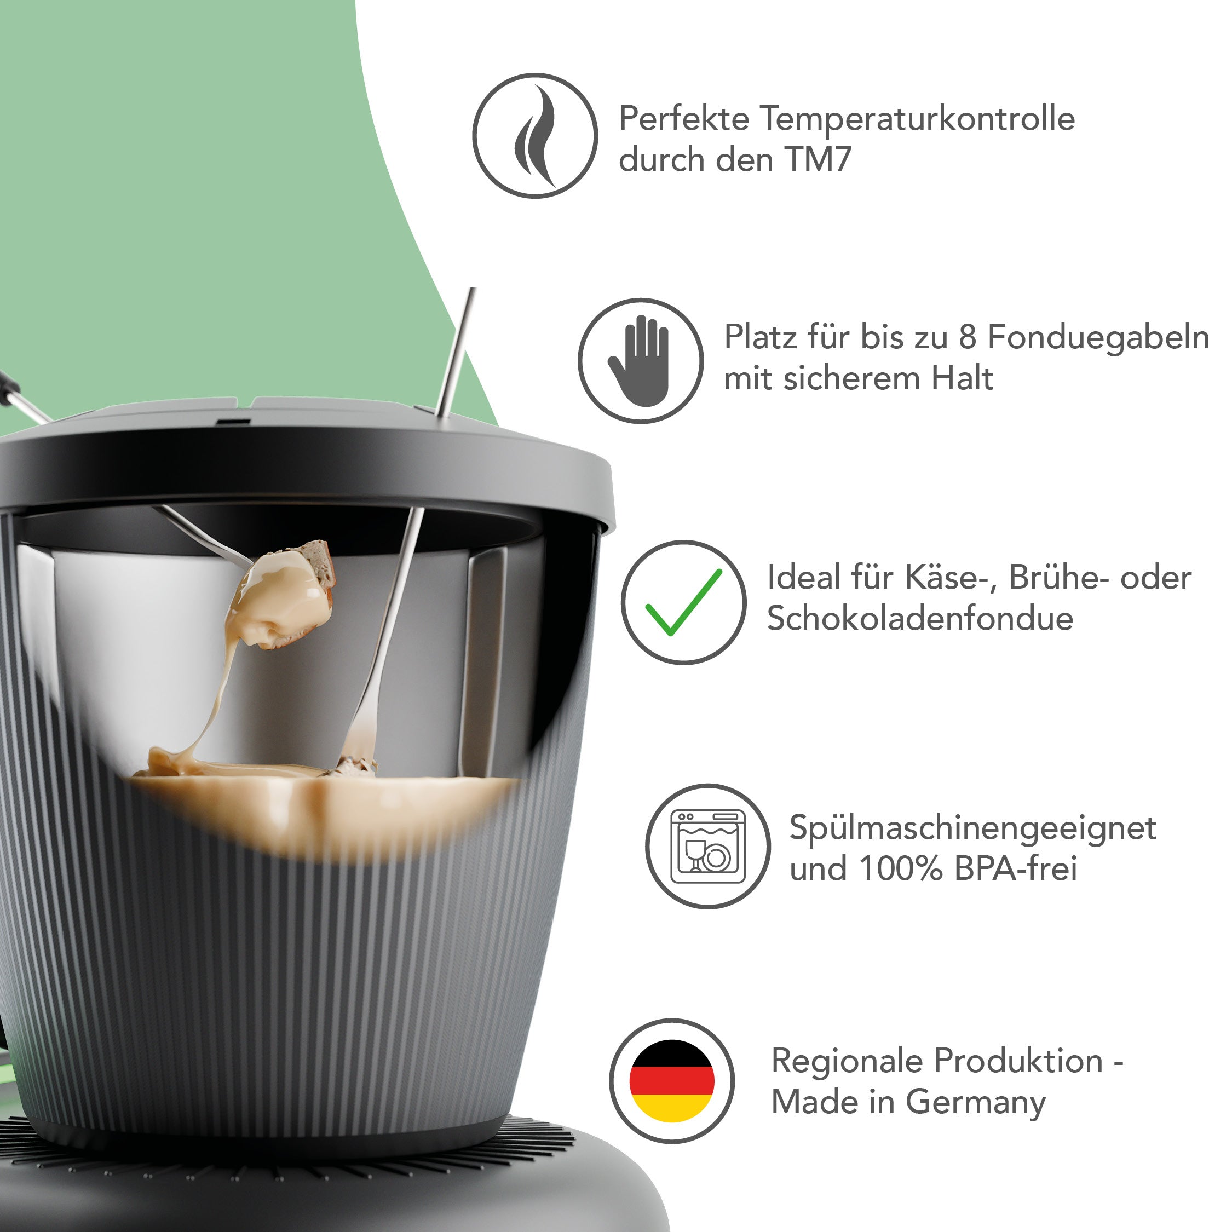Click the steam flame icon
tap(535, 136)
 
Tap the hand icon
tap(640, 361)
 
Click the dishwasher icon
tap(708, 846)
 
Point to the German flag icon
tap(671, 1081)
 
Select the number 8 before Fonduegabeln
tap(968, 337)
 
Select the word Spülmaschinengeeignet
tap(972, 828)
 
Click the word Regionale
tap(848, 1062)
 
